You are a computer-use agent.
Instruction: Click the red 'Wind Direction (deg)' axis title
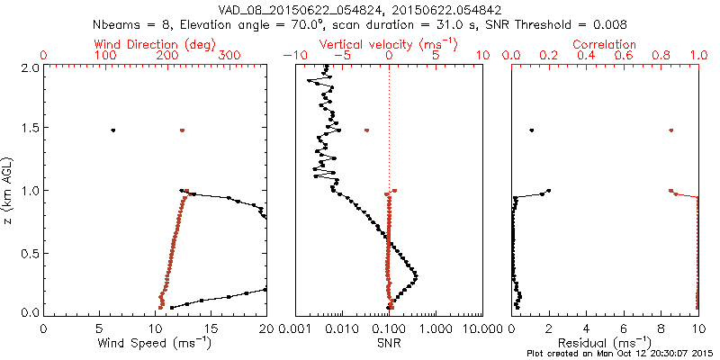pyautogui.click(x=156, y=44)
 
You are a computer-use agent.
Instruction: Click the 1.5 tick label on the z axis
pyautogui.click(x=31, y=130)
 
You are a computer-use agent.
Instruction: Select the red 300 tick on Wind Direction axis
pyautogui.click(x=229, y=56)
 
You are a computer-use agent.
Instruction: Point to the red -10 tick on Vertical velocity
pyautogui.click(x=292, y=56)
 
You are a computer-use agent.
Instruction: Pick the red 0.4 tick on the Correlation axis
pyautogui.click(x=587, y=56)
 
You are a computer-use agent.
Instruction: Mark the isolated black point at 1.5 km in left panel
pyautogui.click(x=113, y=130)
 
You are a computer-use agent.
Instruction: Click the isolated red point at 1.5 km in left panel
pyautogui.click(x=183, y=130)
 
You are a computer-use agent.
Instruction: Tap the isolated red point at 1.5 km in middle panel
pyautogui.click(x=366, y=130)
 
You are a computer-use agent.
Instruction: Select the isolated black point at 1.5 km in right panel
pyautogui.click(x=532, y=130)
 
